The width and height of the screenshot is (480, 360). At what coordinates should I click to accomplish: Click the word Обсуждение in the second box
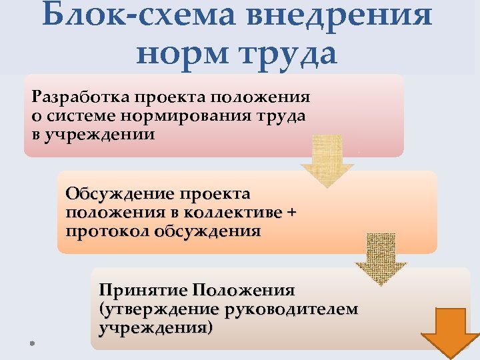point(119,194)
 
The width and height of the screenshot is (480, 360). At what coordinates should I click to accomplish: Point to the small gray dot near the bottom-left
point(31,342)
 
